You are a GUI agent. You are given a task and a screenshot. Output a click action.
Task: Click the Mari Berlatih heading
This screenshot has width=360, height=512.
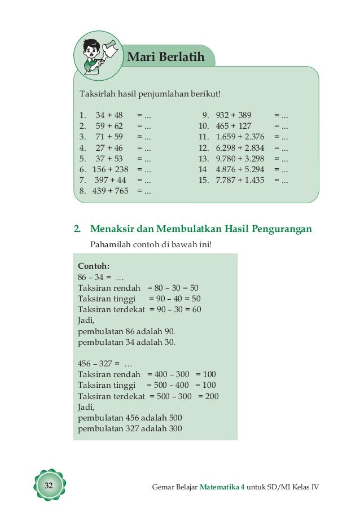[x=165, y=56]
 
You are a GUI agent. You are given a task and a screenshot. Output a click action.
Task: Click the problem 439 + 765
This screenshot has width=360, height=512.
[x=111, y=191]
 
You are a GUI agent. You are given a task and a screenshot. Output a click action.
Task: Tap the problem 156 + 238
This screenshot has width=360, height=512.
[x=111, y=169]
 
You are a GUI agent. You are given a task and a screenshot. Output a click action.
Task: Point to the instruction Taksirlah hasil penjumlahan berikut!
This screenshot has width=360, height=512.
[x=148, y=94]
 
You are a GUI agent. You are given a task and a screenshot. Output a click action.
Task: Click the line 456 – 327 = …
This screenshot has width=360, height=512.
[x=104, y=364]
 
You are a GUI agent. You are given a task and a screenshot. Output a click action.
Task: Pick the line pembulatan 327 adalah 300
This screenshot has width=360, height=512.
[x=130, y=428]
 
